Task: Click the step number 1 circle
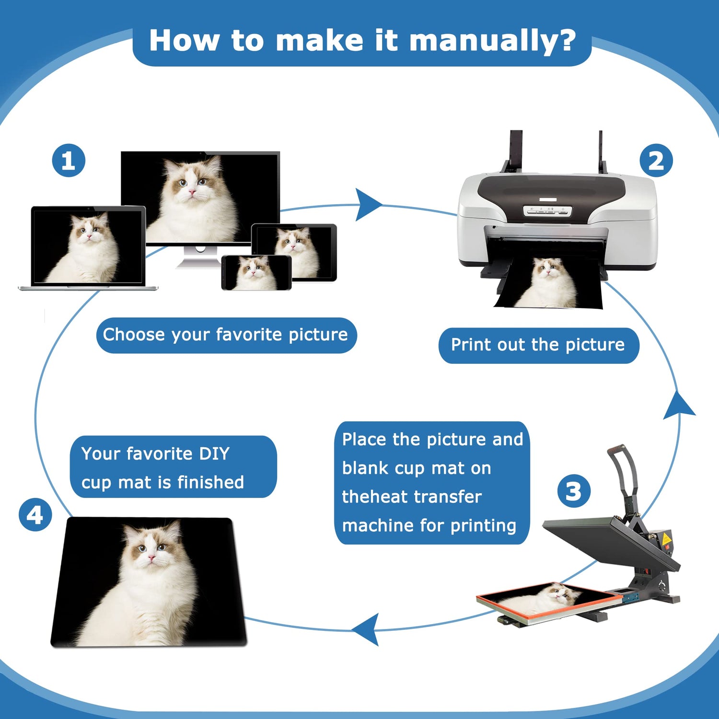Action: (x=69, y=161)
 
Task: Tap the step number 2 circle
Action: (x=656, y=161)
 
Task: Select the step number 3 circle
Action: (x=574, y=491)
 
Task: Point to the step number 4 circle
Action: (x=35, y=515)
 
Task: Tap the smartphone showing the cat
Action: (x=256, y=272)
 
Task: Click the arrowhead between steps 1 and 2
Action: (x=368, y=205)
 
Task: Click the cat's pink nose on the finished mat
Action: (x=151, y=557)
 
